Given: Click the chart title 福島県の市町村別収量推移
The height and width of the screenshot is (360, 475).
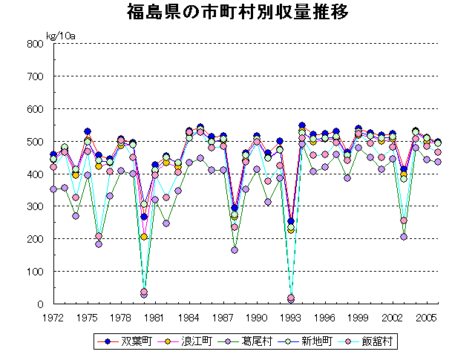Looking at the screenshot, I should [x=237, y=13].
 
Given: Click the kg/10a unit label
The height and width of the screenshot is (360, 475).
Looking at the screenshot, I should [x=61, y=35].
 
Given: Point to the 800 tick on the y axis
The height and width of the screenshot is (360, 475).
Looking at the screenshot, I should [x=35, y=43].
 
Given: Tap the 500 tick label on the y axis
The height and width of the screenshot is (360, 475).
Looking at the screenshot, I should [x=35, y=141].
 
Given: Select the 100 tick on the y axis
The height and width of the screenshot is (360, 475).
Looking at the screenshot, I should [x=35, y=272].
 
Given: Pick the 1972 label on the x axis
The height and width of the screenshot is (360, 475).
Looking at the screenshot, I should [x=53, y=317].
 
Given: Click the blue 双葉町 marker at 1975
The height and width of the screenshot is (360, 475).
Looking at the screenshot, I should [x=88, y=131].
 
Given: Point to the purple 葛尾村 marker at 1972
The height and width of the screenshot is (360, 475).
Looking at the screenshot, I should [x=53, y=189].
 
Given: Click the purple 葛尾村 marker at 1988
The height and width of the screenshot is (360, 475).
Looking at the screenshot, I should [x=235, y=250].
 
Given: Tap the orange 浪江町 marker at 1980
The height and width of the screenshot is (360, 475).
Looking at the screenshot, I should [x=144, y=237].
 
